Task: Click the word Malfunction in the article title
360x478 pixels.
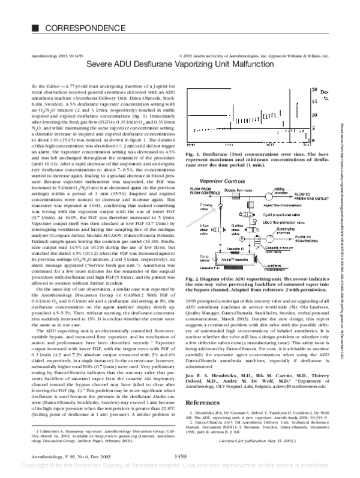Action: [244, 62]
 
